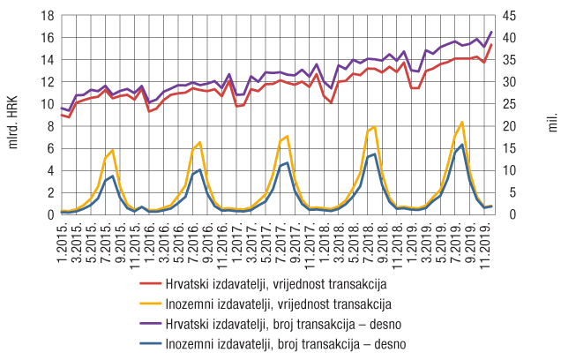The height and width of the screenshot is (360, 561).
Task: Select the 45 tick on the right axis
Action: (512, 16)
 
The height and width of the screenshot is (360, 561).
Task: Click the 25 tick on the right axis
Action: (512, 104)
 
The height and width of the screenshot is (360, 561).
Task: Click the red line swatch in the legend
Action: (151, 285)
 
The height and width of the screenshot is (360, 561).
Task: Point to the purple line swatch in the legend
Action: (151, 324)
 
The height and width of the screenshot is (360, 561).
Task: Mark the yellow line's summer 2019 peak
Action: (461, 122)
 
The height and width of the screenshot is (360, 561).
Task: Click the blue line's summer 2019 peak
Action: (461, 145)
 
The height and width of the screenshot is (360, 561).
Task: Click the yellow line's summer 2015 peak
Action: (112, 150)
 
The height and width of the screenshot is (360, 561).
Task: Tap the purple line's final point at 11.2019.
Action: (491, 32)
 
